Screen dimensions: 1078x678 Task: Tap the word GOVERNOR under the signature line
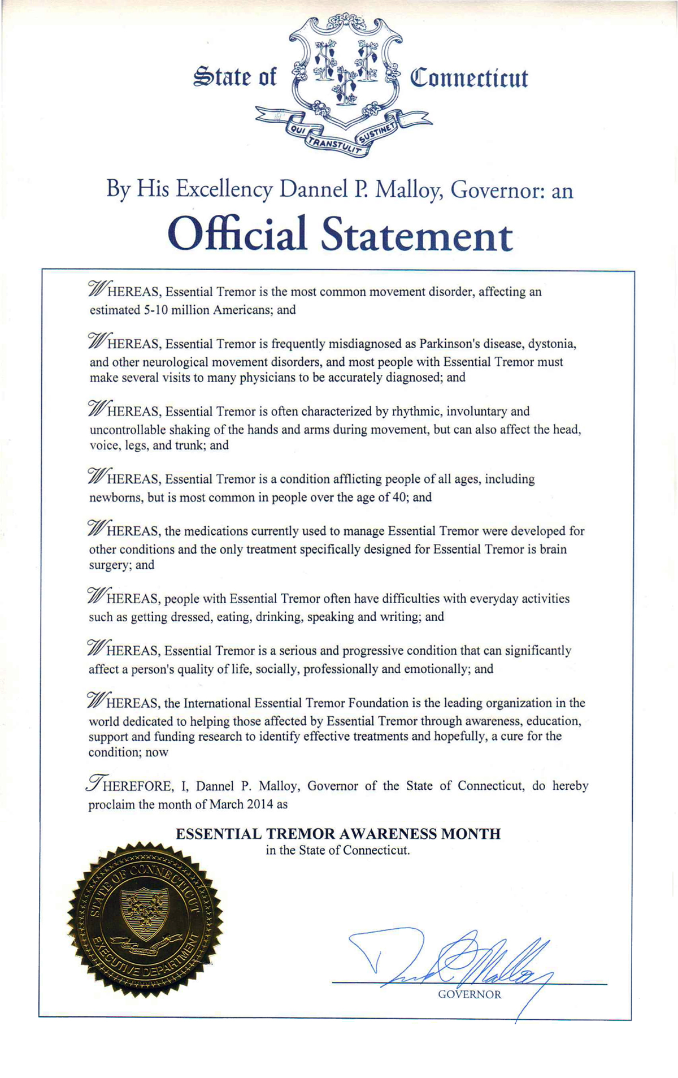[x=470, y=994]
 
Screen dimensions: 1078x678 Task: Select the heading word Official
[x=237, y=235]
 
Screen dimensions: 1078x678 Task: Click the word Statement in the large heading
[x=417, y=236]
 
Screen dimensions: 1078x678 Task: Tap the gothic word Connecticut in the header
[x=468, y=78]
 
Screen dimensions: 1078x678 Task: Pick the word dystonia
[x=553, y=344]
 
